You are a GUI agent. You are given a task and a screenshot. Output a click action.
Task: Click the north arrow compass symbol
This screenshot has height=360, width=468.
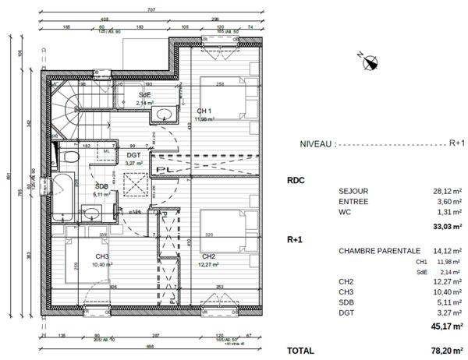[369, 60]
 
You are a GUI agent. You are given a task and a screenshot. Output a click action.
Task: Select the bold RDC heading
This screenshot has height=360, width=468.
[296, 179]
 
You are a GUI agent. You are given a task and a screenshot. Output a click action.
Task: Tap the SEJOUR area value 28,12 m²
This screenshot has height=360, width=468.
[447, 191]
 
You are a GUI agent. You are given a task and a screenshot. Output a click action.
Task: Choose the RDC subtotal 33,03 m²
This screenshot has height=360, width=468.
[446, 228]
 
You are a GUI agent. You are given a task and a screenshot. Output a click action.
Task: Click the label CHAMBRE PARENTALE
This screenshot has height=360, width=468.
[379, 251]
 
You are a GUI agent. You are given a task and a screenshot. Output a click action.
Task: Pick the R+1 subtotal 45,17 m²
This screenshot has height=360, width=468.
[446, 327]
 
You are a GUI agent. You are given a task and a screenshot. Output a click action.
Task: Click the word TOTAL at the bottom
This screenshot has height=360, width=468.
[302, 351]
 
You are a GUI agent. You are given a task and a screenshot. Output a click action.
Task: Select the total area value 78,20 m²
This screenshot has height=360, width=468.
[446, 351]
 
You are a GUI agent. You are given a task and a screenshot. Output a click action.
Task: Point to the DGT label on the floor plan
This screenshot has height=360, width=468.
[133, 155]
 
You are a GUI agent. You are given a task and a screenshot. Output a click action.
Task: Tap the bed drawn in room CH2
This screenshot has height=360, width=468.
[226, 228]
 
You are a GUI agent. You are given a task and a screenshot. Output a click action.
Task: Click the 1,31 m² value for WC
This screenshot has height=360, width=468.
[448, 211]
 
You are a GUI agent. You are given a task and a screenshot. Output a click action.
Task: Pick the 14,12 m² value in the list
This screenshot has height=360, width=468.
[447, 251]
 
